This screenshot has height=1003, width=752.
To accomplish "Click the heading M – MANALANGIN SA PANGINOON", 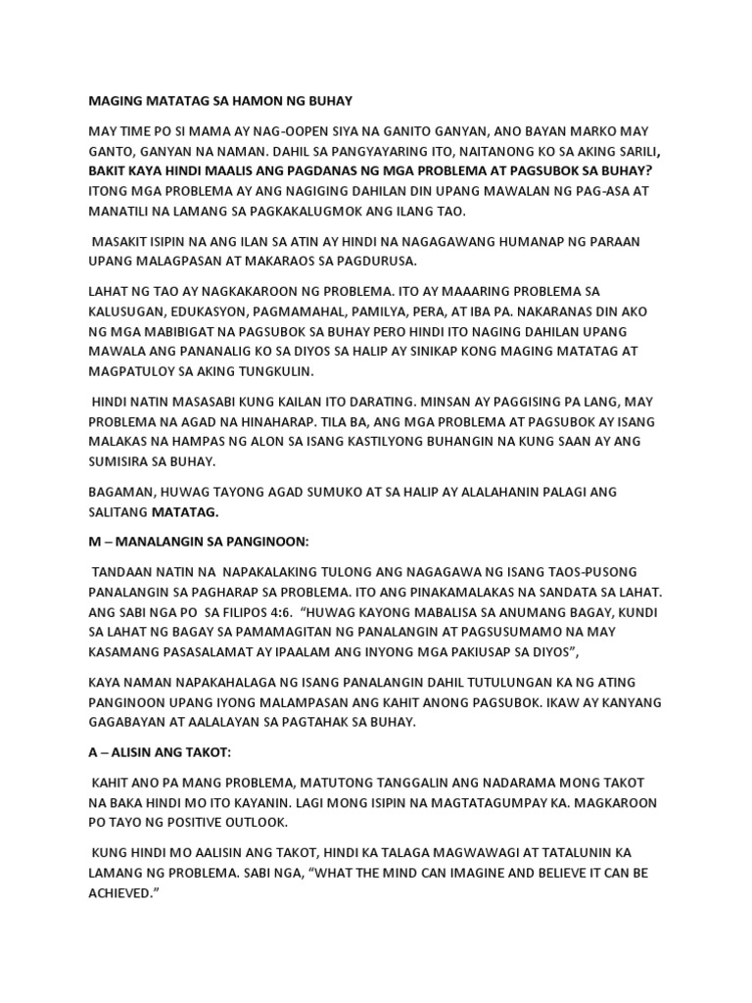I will (x=185, y=542).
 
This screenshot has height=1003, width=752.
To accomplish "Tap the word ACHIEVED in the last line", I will (x=124, y=891).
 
